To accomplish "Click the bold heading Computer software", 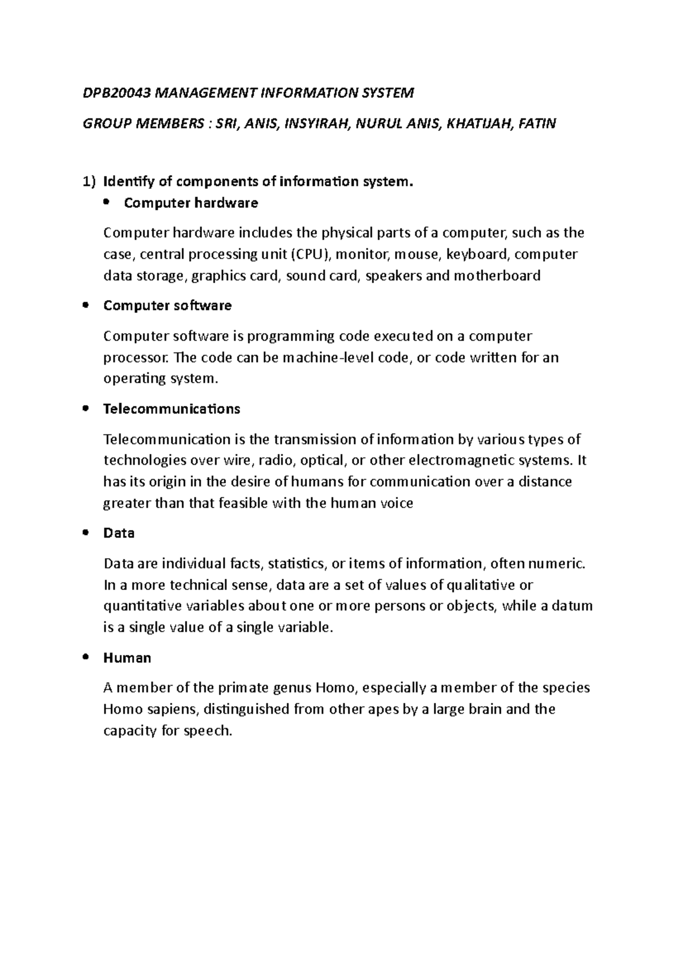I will (x=167, y=305).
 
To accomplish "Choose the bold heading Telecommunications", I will (x=171, y=409).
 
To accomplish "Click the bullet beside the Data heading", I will (x=85, y=532).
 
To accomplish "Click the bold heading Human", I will (x=127, y=658).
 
